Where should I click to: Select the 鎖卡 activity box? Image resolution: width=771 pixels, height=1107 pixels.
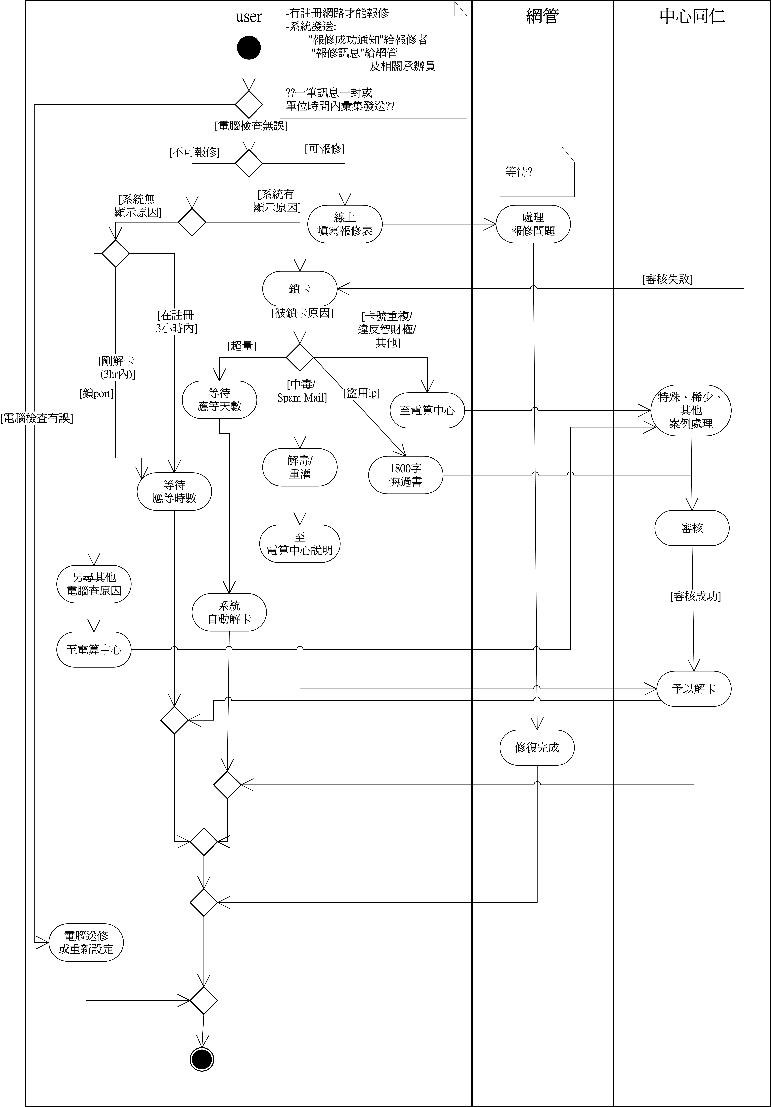point(300,289)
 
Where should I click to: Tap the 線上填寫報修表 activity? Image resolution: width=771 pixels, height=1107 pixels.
point(345,224)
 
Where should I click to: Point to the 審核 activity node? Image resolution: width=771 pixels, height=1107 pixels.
point(691,528)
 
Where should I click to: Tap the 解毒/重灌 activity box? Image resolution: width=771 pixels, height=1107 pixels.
point(300,467)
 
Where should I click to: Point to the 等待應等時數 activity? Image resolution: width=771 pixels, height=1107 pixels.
point(174,491)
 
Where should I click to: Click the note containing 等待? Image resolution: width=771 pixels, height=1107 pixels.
point(537,172)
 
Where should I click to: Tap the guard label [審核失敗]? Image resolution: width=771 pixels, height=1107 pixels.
point(667,279)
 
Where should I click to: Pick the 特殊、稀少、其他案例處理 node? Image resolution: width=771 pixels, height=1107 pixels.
point(690,410)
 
